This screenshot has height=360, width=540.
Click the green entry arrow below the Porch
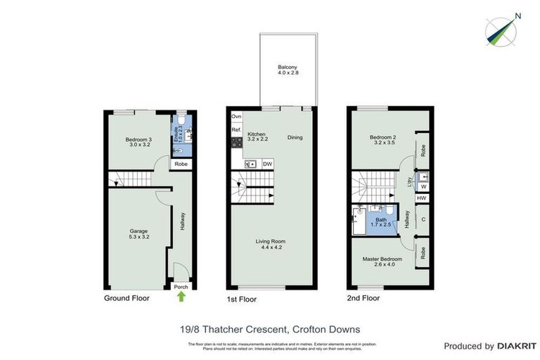pos(181,297)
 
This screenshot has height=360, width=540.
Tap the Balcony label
pos(287,70)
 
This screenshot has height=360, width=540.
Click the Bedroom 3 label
pos(138,142)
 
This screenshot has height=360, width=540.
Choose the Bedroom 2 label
pos(382,139)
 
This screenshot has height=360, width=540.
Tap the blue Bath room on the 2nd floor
pos(381,222)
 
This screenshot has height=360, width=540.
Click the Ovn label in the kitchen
pos(237,115)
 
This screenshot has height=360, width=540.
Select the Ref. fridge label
pos(237,130)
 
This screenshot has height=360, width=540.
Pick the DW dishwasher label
pos(267,164)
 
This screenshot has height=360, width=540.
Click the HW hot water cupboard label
pos(422,199)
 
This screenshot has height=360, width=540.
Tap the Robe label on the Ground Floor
pos(181,164)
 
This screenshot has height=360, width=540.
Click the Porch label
pos(181,287)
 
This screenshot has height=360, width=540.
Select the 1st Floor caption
pos(241,300)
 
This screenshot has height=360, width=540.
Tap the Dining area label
pos(295,137)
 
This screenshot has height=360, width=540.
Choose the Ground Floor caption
pos(127,298)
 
